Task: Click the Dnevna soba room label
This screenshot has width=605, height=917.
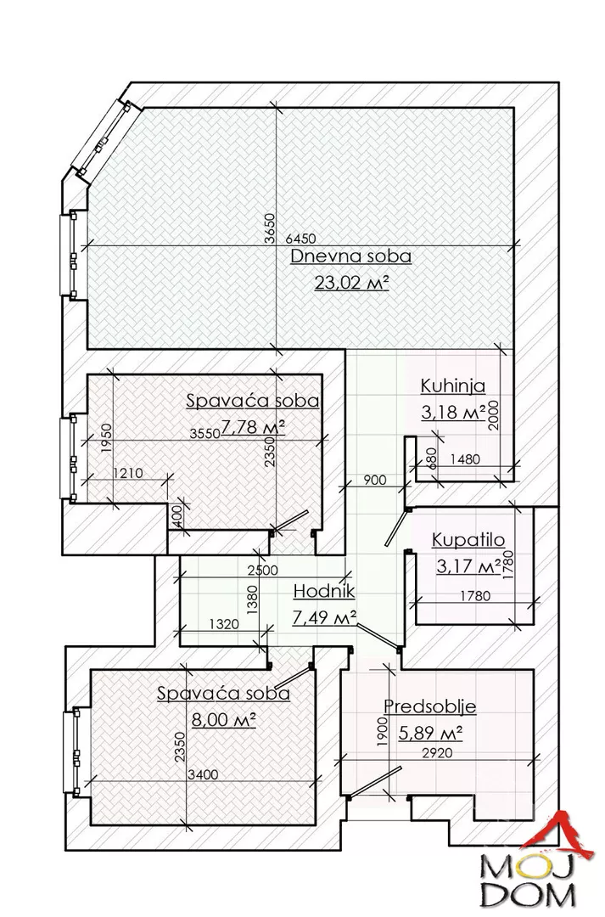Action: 350,256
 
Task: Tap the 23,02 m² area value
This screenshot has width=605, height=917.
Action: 350,283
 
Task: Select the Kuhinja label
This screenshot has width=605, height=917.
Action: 452,386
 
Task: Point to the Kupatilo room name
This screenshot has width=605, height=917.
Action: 468,539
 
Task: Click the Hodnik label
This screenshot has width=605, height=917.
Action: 323,592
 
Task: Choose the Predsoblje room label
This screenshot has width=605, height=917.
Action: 429,706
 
